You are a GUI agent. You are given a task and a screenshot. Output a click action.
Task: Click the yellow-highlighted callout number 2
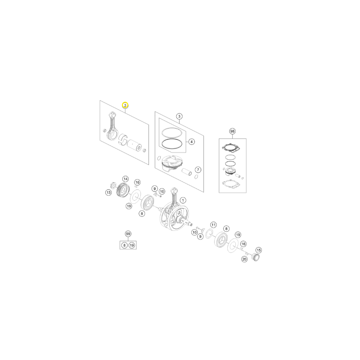click(125, 105)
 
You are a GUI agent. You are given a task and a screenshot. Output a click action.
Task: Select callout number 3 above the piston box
click(179, 117)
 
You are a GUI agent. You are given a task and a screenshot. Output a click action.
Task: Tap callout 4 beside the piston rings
click(191, 142)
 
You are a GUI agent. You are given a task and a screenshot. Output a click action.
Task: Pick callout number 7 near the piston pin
click(198, 170)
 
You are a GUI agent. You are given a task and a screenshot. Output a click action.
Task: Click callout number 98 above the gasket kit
click(232, 131)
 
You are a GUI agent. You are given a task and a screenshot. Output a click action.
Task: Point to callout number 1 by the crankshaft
click(183, 200)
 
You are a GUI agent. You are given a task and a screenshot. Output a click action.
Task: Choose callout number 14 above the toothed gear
click(126, 179)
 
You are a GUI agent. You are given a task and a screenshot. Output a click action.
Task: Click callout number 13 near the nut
click(108, 193)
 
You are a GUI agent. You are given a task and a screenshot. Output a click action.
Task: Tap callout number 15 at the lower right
click(258, 250)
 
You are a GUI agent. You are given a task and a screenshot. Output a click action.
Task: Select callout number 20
click(244, 259)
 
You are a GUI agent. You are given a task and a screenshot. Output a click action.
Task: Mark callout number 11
click(213, 225)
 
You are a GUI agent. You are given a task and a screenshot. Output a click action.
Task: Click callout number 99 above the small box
click(128, 234)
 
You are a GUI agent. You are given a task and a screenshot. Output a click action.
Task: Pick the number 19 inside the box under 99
click(131, 245)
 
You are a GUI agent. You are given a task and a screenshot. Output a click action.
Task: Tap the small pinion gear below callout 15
click(256, 257)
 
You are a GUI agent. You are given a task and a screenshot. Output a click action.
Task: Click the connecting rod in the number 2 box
click(112, 126)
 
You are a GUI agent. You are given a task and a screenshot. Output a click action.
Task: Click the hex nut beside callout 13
click(113, 184)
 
